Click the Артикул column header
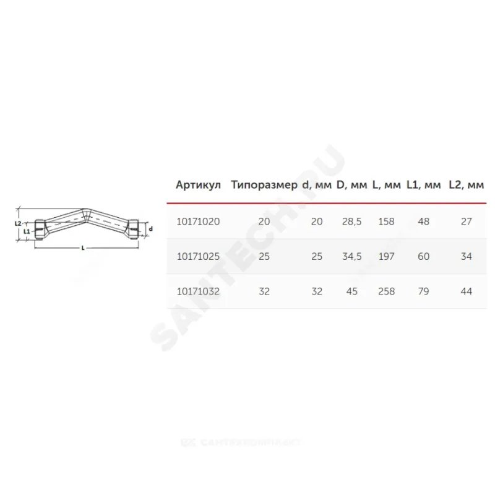[198, 184]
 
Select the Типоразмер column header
[264, 185]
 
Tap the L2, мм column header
[467, 185]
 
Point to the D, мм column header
[351, 185]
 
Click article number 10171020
[198, 222]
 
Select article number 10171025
[198, 256]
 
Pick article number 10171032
[198, 291]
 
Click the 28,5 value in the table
[351, 222]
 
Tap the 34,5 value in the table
[351, 256]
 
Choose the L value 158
[386, 222]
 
